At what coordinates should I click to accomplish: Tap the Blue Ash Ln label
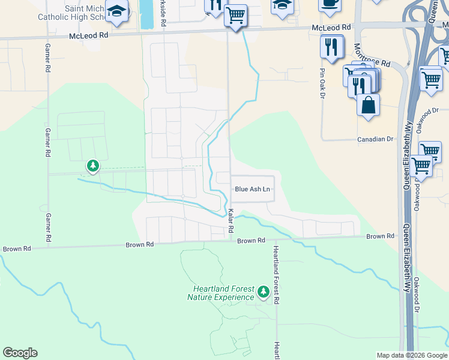253,189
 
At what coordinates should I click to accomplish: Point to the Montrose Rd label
372,55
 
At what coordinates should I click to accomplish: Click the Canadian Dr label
375,139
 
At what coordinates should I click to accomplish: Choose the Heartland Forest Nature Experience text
220,293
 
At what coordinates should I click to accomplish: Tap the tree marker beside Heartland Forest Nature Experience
263,292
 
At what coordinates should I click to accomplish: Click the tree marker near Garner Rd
92,164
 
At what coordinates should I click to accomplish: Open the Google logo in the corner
20,353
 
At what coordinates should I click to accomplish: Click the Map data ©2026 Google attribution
412,355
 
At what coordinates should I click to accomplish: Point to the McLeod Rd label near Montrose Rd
331,28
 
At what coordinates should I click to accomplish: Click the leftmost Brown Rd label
16,248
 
